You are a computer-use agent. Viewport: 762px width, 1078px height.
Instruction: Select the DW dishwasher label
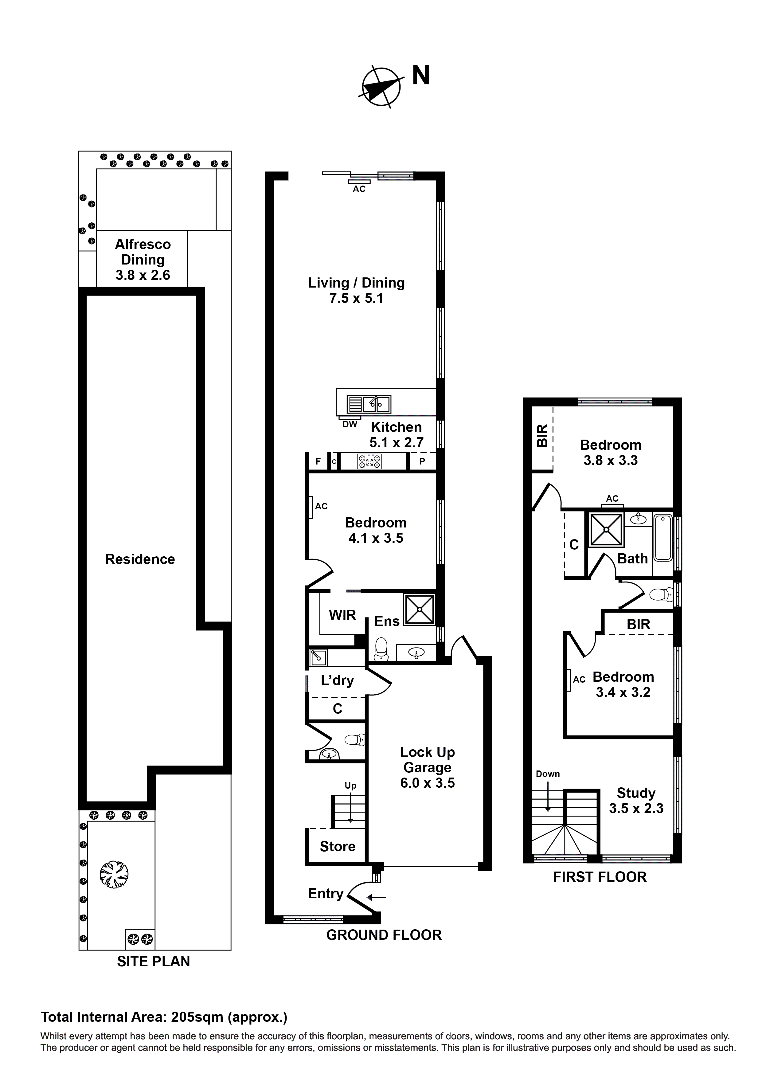point(350,425)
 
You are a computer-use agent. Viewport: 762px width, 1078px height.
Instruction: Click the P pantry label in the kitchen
point(422,461)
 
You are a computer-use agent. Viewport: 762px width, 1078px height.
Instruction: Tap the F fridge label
point(318,461)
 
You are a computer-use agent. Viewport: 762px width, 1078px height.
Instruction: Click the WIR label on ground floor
point(342,615)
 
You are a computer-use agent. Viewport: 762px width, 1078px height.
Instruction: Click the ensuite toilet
point(381,649)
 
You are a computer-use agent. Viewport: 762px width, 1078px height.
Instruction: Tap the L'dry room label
point(337,680)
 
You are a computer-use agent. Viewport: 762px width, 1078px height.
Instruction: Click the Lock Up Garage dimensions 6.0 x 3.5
point(427,783)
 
